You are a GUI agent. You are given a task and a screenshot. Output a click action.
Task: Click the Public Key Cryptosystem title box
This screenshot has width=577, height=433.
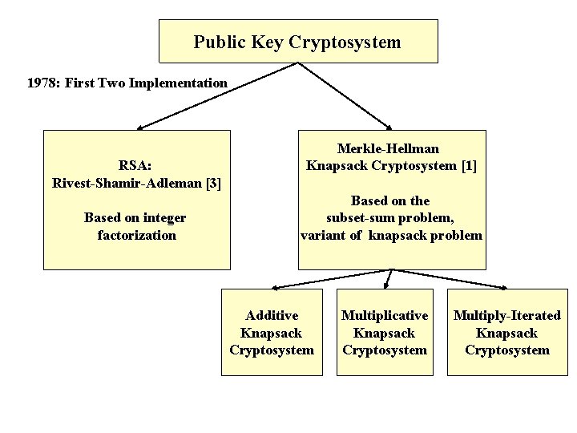point(298,42)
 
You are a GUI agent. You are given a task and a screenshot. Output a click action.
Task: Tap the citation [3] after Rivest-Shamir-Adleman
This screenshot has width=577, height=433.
point(213,183)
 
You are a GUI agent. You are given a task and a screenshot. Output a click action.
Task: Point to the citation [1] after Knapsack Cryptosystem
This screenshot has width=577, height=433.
point(469,166)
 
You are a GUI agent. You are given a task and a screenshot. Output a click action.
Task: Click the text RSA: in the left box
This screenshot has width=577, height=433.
point(136,166)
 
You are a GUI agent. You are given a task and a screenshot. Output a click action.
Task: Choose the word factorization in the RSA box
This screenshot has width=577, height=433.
point(136,235)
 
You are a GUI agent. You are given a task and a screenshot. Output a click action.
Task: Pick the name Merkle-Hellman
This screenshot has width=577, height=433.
point(389,148)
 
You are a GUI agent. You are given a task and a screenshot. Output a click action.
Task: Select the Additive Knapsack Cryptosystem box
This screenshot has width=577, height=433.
point(272,332)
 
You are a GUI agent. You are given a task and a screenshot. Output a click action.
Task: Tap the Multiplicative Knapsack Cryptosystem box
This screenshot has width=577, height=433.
point(385,332)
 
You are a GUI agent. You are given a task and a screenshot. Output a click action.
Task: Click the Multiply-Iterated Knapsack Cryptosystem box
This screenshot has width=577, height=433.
point(507,332)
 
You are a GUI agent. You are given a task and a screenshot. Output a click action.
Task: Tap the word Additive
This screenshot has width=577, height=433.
point(272,315)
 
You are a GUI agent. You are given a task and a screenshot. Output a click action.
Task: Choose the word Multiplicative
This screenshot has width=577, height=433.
point(385,315)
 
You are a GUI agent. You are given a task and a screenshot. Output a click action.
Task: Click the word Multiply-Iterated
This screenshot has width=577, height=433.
point(507,315)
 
